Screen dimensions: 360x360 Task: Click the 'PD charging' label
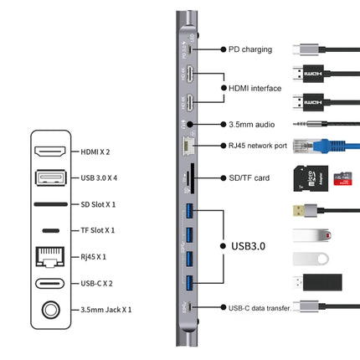(250, 49)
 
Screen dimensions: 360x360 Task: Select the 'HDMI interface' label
(255, 87)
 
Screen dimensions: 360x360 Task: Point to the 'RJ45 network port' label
(258, 145)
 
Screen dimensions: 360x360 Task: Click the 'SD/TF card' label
(249, 177)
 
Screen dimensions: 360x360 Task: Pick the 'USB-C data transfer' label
(260, 309)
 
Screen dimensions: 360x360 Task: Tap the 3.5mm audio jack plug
(310, 124)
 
